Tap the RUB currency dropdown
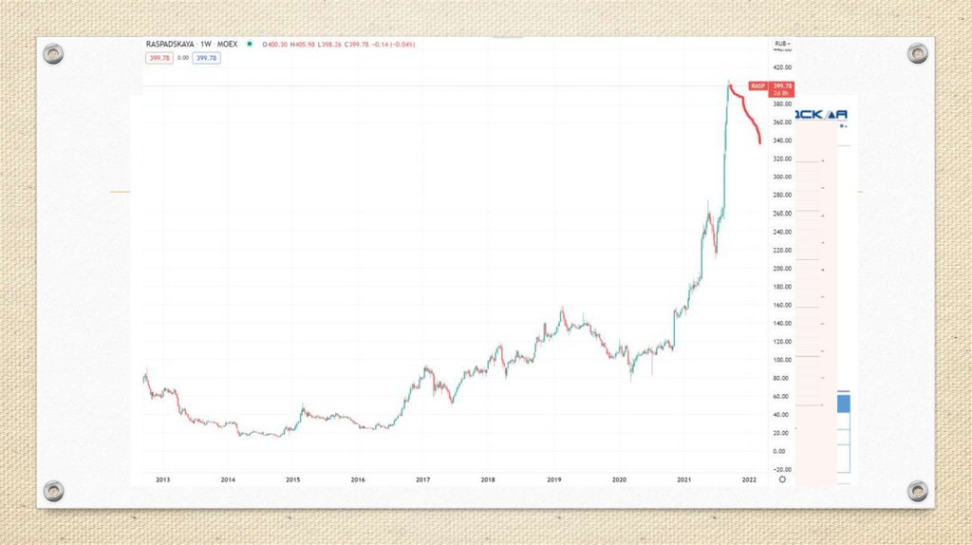pos(782,44)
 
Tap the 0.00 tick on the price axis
pos(779,451)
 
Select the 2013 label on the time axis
pos(162,480)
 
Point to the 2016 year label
pos(358,480)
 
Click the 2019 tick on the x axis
pos(555,480)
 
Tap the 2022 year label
pos(749,480)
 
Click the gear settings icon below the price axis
pos(782,480)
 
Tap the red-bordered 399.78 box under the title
pos(158,58)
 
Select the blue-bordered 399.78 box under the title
pos(206,58)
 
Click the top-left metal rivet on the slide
pos(54,54)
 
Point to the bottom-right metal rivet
pos(917,491)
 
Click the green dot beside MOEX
pos(249,44)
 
